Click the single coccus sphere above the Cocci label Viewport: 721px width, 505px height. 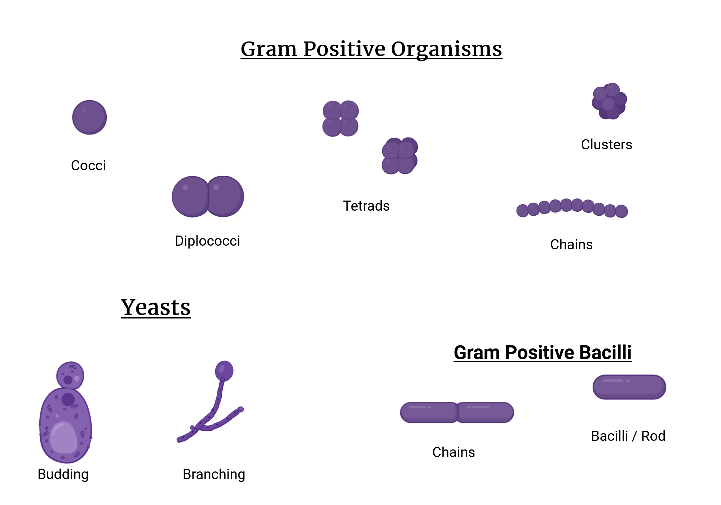(89, 117)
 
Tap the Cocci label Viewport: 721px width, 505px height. (88, 166)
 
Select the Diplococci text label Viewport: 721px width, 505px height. (207, 241)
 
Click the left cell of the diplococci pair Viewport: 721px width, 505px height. (191, 197)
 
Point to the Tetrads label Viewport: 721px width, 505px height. (366, 206)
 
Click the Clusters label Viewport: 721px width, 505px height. (606, 145)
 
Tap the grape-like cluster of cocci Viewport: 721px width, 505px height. (609, 101)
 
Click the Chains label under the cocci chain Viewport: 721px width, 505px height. (571, 245)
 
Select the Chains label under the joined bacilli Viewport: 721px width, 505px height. (454, 452)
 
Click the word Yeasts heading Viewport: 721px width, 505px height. (156, 308)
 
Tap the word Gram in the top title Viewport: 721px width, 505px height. (269, 49)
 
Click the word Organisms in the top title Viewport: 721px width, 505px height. (446, 49)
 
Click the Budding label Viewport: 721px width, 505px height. (63, 474)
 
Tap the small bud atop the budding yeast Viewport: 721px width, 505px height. (70, 375)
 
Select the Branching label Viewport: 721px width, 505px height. (214, 474)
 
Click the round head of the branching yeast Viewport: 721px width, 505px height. (224, 370)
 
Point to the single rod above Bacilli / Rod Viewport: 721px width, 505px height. (629, 387)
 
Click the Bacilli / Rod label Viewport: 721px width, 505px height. (628, 436)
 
